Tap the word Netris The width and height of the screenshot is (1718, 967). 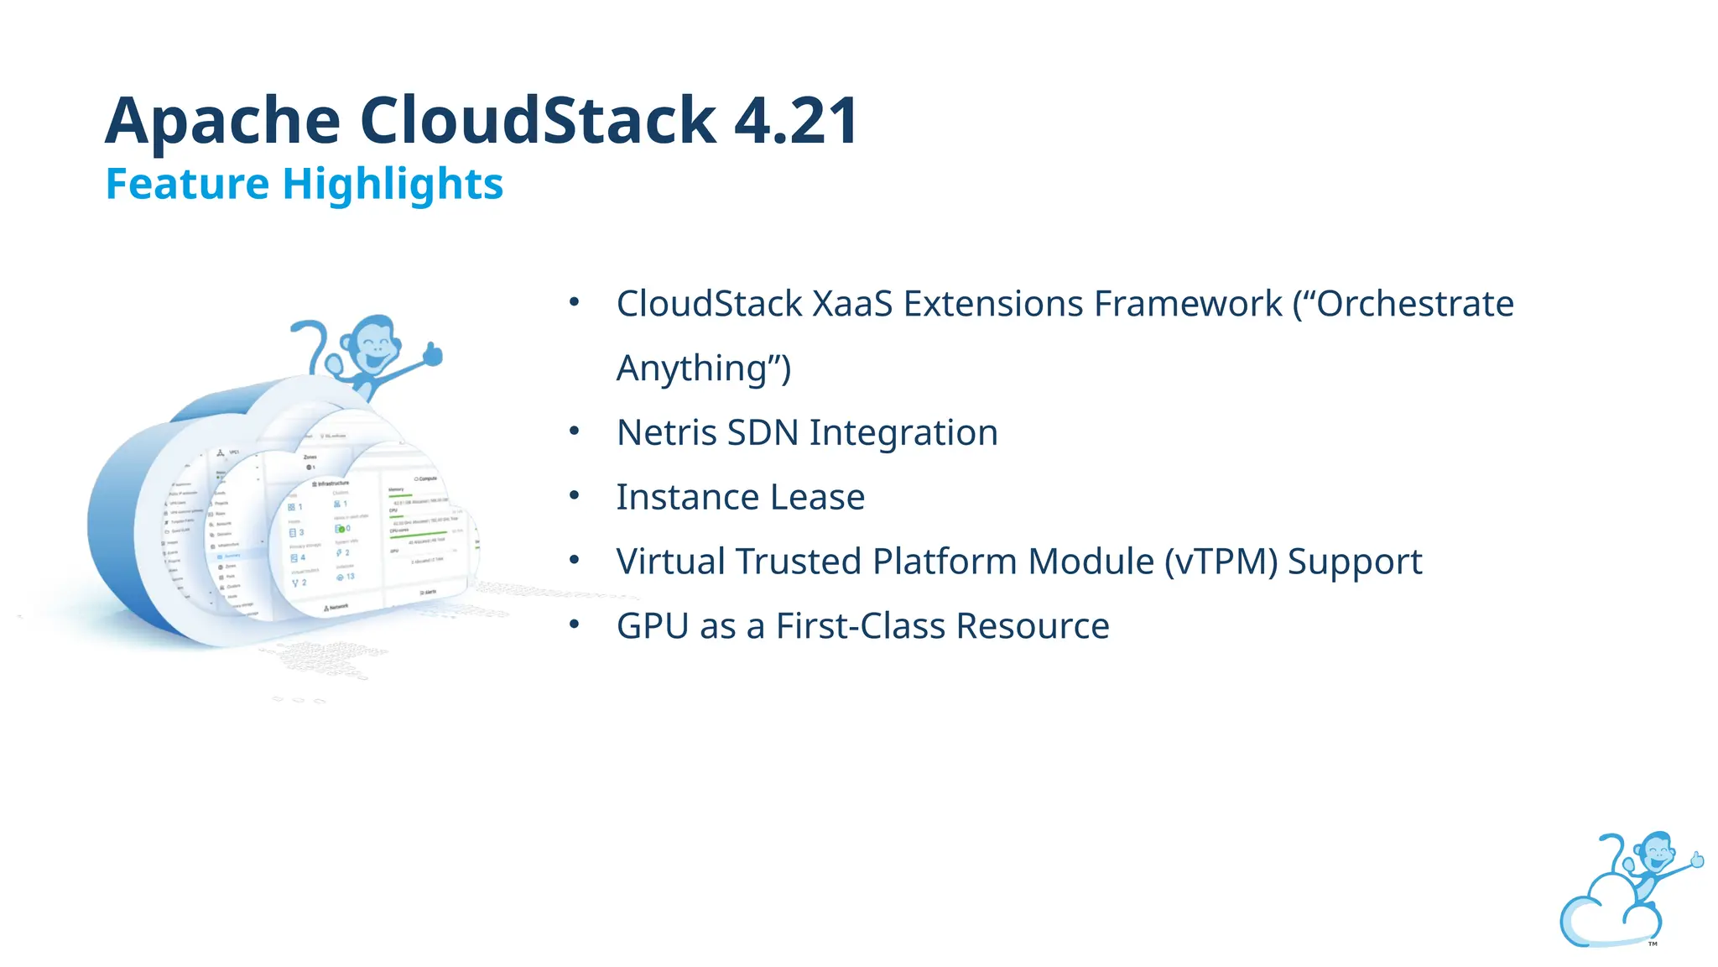(666, 433)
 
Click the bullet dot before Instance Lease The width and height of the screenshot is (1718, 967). (575, 495)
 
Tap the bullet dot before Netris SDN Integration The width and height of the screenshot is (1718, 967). (575, 431)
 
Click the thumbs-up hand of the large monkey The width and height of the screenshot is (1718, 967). (432, 353)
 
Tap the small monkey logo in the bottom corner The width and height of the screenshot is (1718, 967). (1627, 890)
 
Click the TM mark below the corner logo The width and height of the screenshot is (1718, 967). (1653, 944)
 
